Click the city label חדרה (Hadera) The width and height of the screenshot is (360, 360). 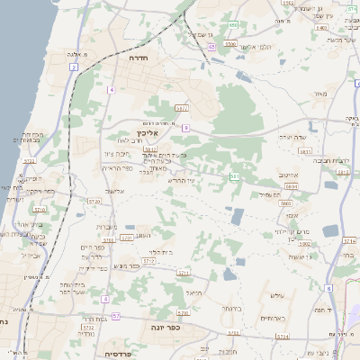click(139, 57)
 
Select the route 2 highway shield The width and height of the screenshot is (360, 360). click(73, 67)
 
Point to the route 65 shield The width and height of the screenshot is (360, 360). click(211, 46)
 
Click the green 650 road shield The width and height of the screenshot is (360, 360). click(232, 24)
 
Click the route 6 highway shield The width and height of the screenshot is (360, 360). click(329, 288)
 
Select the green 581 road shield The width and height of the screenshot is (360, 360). click(234, 177)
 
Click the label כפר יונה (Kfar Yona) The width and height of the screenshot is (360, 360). click(165, 328)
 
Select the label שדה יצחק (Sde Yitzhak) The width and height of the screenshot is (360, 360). click(269, 137)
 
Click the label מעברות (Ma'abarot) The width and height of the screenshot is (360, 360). click(106, 226)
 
